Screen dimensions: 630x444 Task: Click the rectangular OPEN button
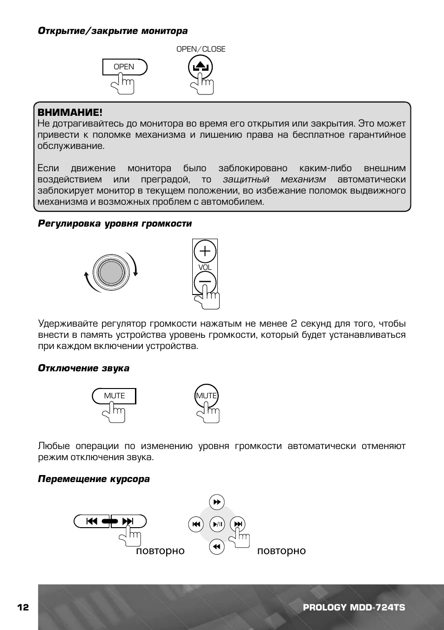pyautogui.click(x=124, y=67)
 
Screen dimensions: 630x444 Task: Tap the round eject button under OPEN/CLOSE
pyautogui.click(x=200, y=67)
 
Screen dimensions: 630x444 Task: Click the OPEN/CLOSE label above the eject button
pyautogui.click(x=201, y=49)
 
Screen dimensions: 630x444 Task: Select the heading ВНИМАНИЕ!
pyautogui.click(x=69, y=113)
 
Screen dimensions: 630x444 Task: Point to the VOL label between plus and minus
pyautogui.click(x=205, y=267)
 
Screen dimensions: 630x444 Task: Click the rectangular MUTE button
pyautogui.click(x=114, y=395)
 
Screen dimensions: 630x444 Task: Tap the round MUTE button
pyautogui.click(x=206, y=395)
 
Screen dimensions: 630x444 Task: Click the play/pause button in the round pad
pyautogui.click(x=217, y=524)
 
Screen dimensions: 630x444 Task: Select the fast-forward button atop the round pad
pyautogui.click(x=217, y=502)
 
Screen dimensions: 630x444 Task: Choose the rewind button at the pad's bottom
pyautogui.click(x=217, y=547)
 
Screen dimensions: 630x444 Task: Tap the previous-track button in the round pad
pyautogui.click(x=196, y=524)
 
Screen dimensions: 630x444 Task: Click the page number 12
pyautogui.click(x=23, y=607)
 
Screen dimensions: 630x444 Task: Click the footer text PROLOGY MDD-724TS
pyautogui.click(x=354, y=607)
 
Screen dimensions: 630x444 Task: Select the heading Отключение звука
pyautogui.click(x=83, y=368)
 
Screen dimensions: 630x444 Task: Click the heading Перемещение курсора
pyautogui.click(x=94, y=479)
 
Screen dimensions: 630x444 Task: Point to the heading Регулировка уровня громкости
pyautogui.click(x=114, y=223)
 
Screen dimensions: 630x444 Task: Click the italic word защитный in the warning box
pyautogui.click(x=246, y=180)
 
